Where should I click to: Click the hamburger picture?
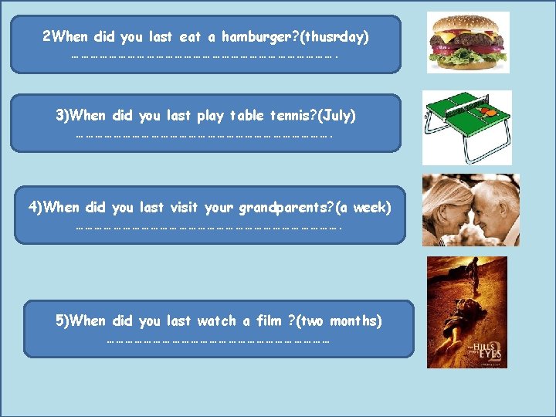[x=469, y=42]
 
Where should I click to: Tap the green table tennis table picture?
[x=466, y=127]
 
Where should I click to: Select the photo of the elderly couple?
[x=470, y=210]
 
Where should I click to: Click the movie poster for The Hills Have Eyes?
[x=467, y=311]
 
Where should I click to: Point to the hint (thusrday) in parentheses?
[x=333, y=36]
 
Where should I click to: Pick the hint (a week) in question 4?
[x=362, y=208]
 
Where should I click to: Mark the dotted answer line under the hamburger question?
[x=205, y=56]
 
